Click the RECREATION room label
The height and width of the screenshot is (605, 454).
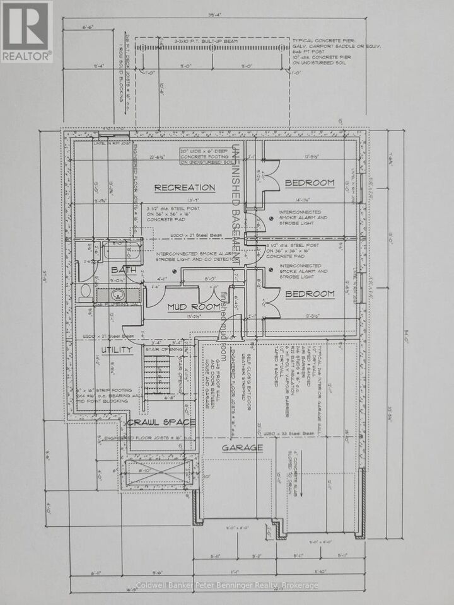pos(185,187)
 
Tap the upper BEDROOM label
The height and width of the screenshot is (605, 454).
pos(309,183)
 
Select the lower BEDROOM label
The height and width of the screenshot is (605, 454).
pos(309,294)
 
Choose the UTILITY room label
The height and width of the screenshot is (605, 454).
pos(113,349)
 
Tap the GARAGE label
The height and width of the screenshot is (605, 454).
pos(242,447)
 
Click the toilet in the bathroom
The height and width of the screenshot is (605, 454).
pos(86,292)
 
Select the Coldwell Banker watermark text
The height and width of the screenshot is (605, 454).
pos(227,585)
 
